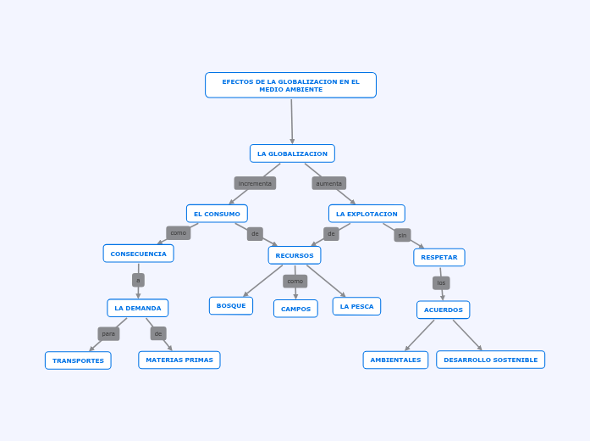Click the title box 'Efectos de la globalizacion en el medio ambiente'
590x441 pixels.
[x=290, y=85]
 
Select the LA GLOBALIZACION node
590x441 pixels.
[x=292, y=154]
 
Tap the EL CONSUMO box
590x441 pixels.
[x=217, y=214]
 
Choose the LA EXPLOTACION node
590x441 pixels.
[x=367, y=214]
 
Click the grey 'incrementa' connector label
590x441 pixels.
[x=255, y=183]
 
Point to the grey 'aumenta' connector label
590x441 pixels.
[x=328, y=183]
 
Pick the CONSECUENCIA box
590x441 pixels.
[x=138, y=254]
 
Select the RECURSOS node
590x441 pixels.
[x=295, y=255]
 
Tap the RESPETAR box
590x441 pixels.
[x=438, y=257]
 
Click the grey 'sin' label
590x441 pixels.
[x=402, y=235]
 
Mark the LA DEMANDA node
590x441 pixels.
[x=137, y=308]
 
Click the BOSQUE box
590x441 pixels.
[x=231, y=305]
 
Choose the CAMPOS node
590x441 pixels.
[x=295, y=309]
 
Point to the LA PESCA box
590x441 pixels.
[x=356, y=306]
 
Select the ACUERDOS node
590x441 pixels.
[x=443, y=310]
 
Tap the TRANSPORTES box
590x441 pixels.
[x=78, y=360]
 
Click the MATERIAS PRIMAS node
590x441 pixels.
[x=179, y=360]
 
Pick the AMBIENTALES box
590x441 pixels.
[x=395, y=360]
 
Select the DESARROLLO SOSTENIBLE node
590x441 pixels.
[x=490, y=360]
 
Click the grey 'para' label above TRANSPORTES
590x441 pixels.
[x=108, y=334]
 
